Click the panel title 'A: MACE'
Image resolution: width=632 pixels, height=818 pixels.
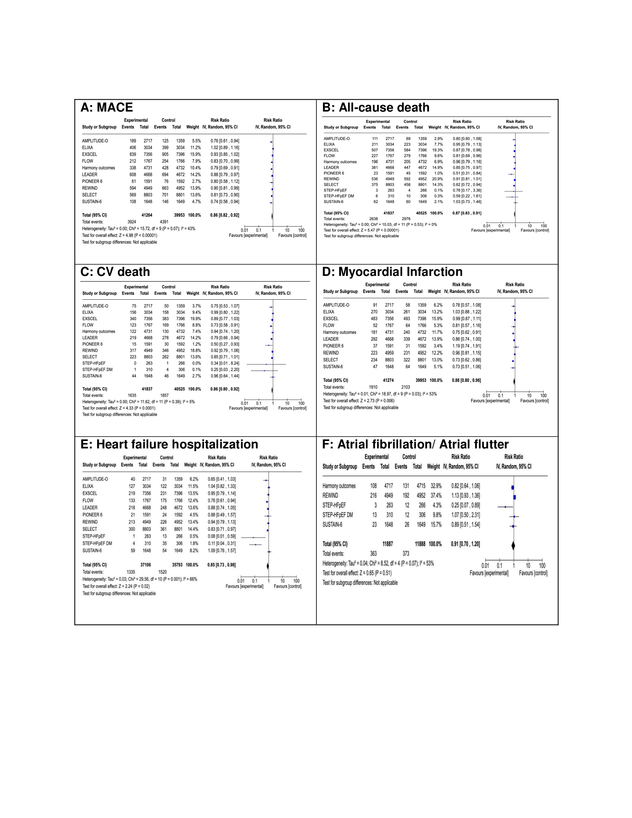[107, 107]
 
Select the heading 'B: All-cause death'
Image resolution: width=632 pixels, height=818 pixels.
[375, 107]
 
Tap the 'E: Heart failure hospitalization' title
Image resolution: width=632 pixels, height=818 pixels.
[169, 444]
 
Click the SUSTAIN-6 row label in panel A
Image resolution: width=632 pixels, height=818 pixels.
[92, 202]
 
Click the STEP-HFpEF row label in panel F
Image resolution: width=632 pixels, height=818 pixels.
[334, 505]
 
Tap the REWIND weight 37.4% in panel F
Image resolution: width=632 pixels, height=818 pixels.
[434, 496]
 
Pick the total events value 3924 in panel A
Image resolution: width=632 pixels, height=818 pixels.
[131, 222]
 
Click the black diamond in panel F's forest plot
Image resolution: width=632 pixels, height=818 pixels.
[513, 546]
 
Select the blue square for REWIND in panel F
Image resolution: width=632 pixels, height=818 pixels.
[515, 497]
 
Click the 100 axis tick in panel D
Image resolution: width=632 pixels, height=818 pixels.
[544, 396]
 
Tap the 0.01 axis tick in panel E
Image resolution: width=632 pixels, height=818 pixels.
[241, 581]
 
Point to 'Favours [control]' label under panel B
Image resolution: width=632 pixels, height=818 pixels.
[535, 231]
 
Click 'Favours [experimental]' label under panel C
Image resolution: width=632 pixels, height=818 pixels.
[248, 408]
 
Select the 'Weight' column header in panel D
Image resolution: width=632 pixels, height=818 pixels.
[434, 292]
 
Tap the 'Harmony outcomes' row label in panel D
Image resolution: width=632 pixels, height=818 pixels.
[339, 332]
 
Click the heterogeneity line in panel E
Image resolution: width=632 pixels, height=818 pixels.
[140, 579]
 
